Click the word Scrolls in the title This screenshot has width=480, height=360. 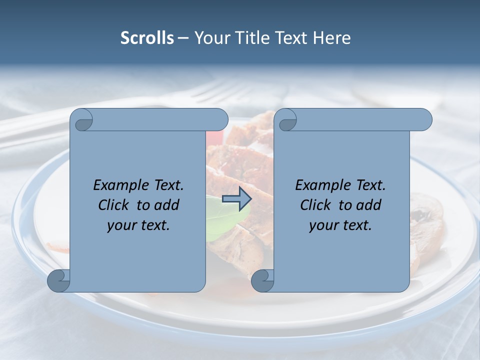(x=147, y=38)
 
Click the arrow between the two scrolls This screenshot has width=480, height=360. (x=236, y=198)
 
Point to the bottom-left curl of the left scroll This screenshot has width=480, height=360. (x=59, y=280)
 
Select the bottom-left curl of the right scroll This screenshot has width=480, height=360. (x=263, y=280)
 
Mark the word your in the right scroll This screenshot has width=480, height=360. (x=322, y=225)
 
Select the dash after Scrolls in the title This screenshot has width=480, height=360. (x=183, y=38)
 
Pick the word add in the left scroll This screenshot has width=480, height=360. (x=167, y=205)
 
